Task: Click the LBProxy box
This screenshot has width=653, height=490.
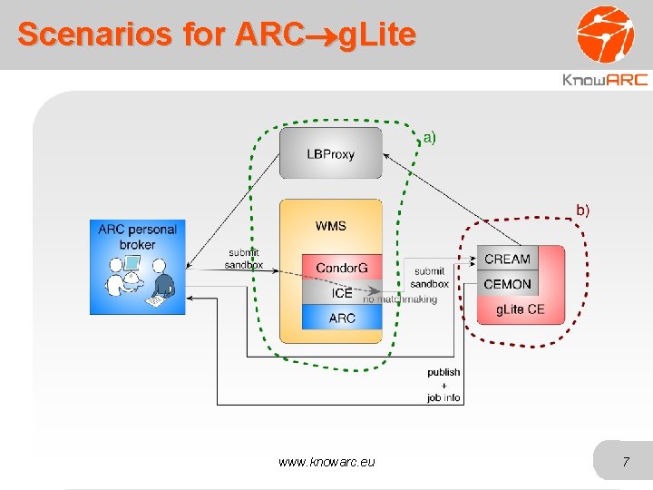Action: [330, 153]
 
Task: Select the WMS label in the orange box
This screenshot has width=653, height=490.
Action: [330, 226]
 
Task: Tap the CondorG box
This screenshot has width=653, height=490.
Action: [342, 268]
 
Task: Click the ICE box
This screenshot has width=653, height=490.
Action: [342, 292]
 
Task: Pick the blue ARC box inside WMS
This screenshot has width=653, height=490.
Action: [342, 318]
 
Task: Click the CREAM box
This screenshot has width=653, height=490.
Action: [507, 259]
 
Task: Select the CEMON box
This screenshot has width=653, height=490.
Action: [507, 284]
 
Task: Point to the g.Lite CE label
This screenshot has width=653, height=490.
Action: [520, 309]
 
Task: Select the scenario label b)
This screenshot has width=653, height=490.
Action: [580, 211]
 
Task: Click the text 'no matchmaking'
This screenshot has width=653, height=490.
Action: [400, 299]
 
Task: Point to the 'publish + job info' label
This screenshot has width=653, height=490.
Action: [443, 385]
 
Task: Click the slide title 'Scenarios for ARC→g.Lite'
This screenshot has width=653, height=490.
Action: [217, 34]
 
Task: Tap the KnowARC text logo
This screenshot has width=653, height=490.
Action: [605, 80]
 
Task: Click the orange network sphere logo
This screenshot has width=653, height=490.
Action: [606, 34]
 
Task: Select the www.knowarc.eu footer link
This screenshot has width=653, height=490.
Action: [326, 463]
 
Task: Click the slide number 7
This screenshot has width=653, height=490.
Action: [625, 463]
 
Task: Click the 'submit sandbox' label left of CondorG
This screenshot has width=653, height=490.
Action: [243, 259]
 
